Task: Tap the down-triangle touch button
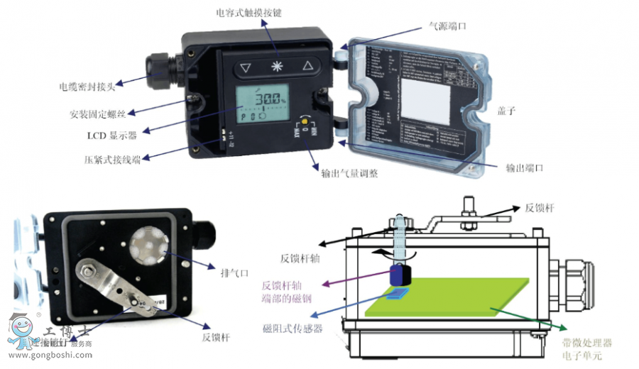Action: (246, 68)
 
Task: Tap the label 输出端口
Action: (524, 168)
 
